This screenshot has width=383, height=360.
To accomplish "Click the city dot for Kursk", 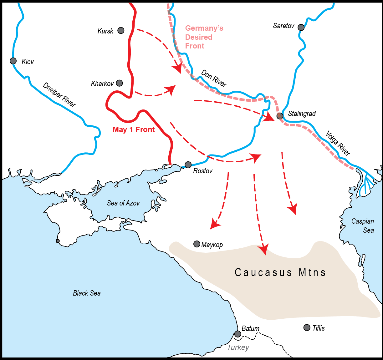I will pos(121,30).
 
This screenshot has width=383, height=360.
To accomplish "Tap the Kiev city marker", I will pos(13,61).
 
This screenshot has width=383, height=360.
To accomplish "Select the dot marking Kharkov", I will pos(119,83).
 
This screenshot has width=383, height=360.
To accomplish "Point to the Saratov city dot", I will pos(301,27).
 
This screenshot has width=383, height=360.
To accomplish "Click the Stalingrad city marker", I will pos(280,116).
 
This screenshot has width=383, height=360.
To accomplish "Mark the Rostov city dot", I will pos(188,165).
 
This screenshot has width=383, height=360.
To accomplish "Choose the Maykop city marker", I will pos(197,244).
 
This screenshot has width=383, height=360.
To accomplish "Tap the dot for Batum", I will pos(238,334).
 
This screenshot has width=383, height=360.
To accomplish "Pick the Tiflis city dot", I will pos(307,327).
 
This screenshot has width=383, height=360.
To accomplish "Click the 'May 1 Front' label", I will pos(134,129).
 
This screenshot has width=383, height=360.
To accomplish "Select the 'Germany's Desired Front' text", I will pos(204,37).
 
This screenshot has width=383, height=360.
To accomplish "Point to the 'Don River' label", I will pos(214,78).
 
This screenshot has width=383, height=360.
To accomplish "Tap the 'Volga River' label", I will pos(338,143).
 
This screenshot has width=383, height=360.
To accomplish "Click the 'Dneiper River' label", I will pos(59,94).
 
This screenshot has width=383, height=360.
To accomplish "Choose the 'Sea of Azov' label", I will pos(123,203).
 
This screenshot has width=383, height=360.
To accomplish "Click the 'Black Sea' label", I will pos(87,293).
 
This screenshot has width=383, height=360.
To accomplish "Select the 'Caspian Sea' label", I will pos(363,226).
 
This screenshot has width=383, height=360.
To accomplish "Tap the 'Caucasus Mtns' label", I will pos(280,272).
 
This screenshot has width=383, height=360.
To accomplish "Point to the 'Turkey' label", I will pos(238,347).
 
